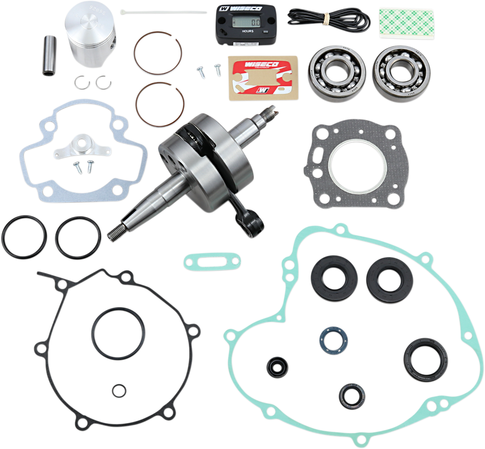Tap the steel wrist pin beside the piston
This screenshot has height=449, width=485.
[x=49, y=56]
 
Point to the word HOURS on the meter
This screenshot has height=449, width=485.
[x=248, y=31]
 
